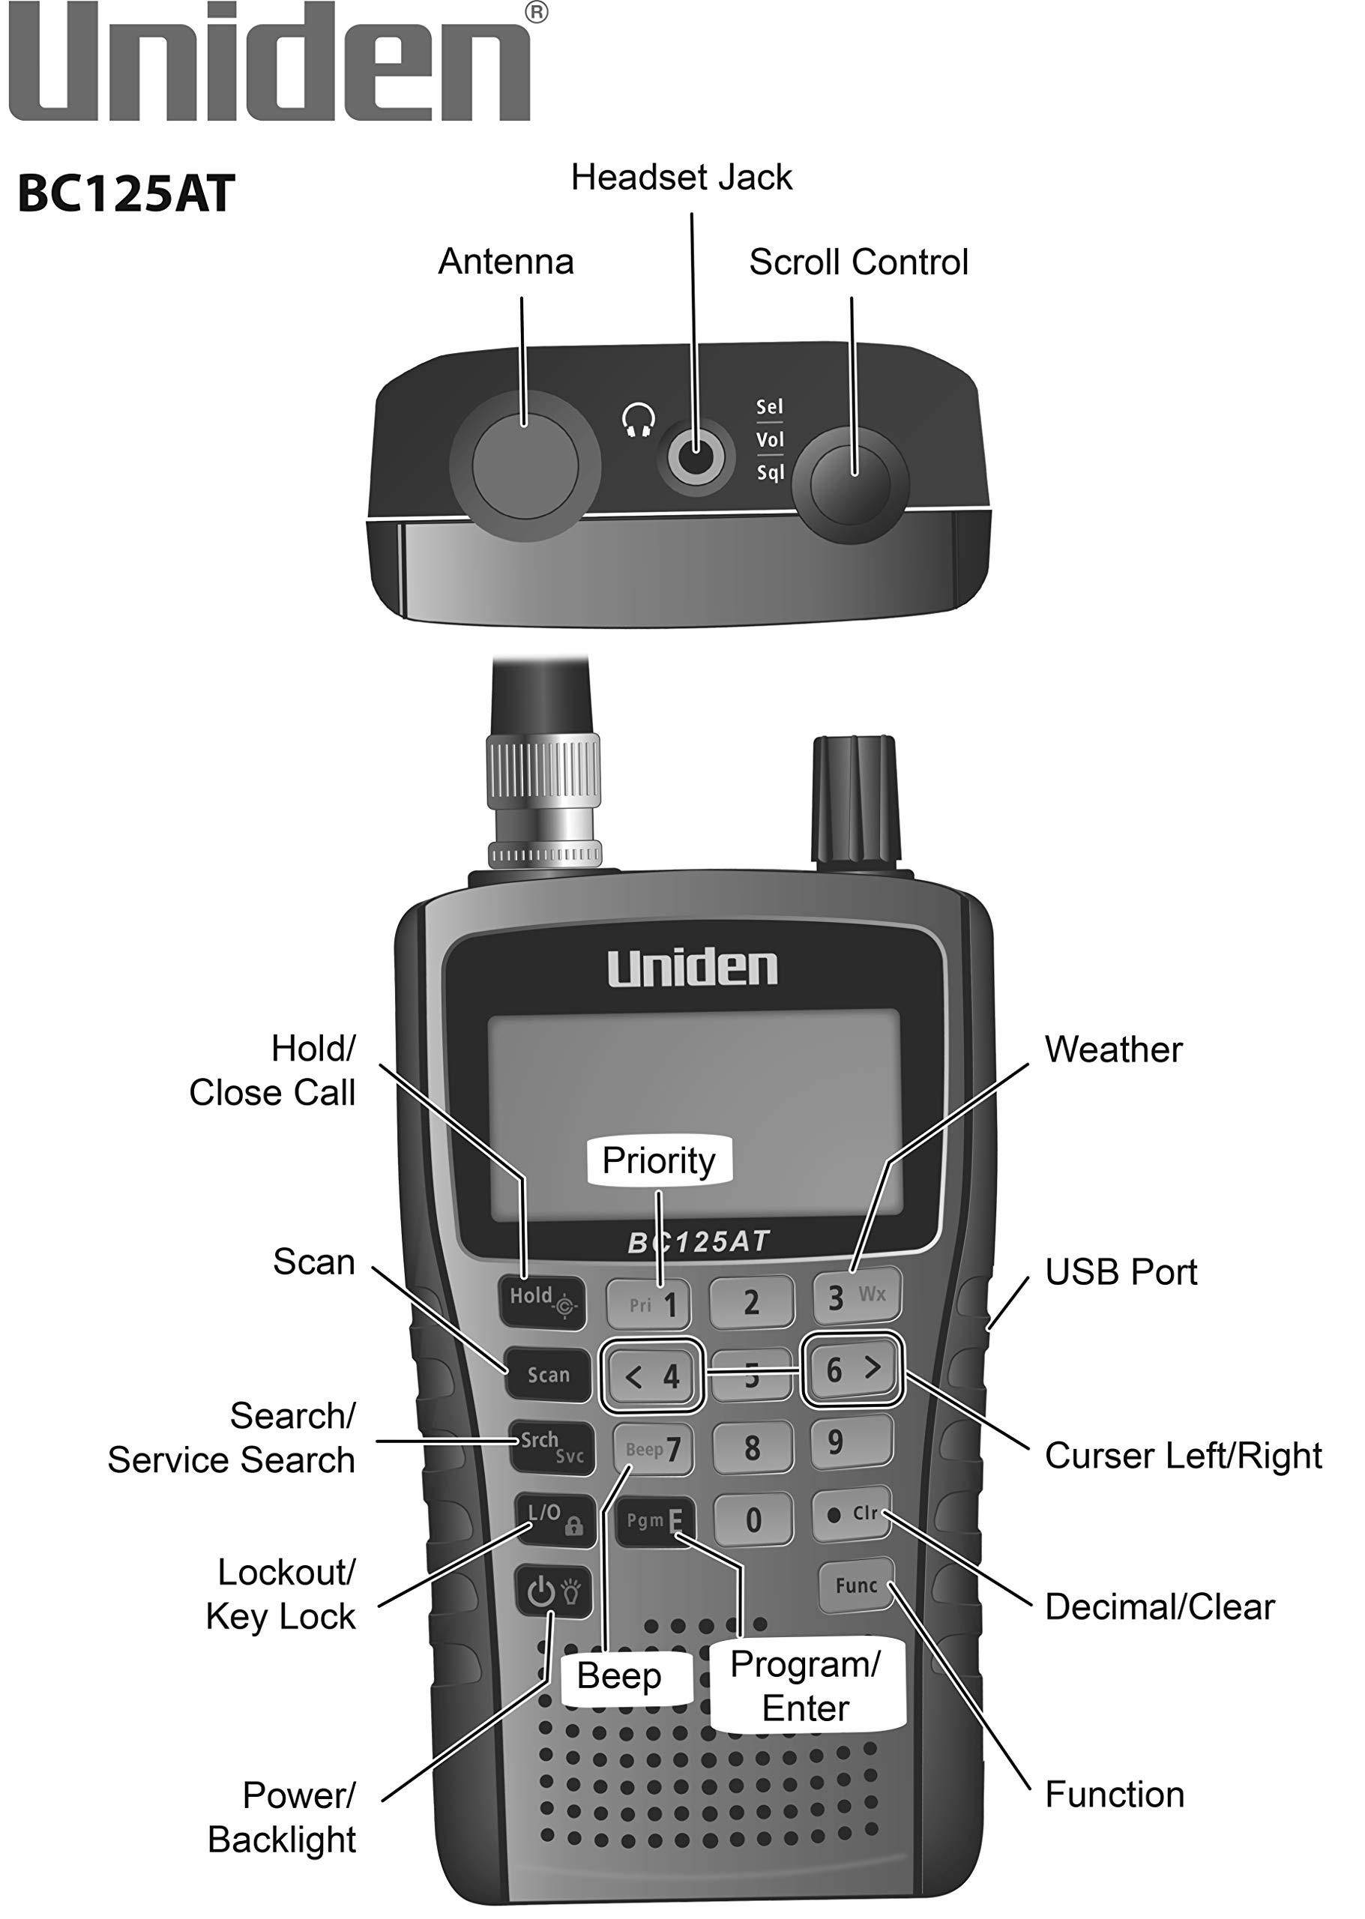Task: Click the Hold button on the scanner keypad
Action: pos(542,1301)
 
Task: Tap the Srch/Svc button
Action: pos(552,1447)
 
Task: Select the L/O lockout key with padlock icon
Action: pos(555,1519)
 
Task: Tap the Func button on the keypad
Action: pos(855,1585)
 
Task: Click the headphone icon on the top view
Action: pos(639,421)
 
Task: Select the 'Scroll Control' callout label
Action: pos(858,262)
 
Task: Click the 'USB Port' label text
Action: pos(1121,1272)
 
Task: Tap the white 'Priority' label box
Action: pos(659,1161)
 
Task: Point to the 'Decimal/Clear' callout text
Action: pos(1159,1606)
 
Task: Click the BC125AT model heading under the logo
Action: pos(126,194)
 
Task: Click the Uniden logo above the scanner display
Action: pos(693,968)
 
